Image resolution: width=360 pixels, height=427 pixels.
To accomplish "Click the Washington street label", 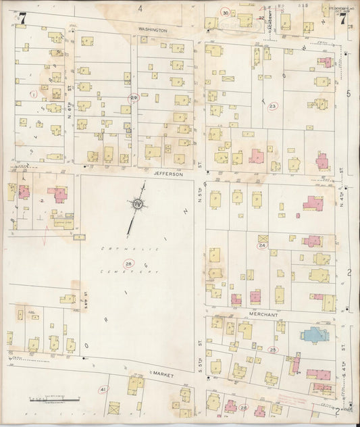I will (152, 30).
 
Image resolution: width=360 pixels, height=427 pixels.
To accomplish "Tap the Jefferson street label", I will (168, 174).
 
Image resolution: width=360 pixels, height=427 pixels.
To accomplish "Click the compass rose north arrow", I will (138, 203).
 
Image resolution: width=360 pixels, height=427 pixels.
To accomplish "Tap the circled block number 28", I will (128, 263).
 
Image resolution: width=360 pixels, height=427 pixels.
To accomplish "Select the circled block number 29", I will (134, 99).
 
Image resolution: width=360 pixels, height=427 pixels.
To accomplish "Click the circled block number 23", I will (272, 106).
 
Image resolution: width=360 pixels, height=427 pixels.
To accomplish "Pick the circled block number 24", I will (261, 246).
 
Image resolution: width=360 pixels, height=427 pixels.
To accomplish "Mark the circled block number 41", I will (103, 390).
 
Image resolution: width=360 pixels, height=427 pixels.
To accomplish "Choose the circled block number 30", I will (226, 12).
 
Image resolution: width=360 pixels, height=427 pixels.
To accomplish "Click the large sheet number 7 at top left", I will (22, 18).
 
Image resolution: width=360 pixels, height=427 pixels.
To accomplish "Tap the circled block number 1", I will (33, 94).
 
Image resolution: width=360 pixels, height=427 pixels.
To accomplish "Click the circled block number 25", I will (273, 349).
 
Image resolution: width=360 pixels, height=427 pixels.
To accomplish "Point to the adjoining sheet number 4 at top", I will (141, 8).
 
